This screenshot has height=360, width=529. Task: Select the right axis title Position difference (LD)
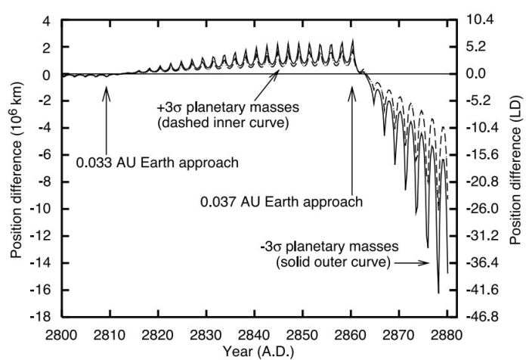[x=515, y=169]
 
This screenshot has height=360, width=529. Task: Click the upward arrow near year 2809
[x=107, y=113]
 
